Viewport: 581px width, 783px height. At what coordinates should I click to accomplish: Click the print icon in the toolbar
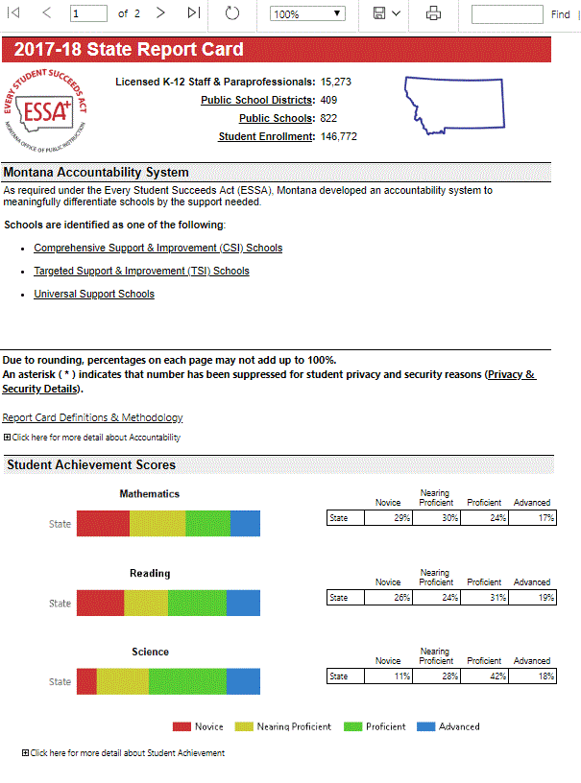coord(433,13)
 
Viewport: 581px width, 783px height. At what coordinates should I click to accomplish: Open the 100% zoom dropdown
coord(307,14)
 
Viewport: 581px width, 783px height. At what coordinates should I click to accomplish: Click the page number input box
coord(88,14)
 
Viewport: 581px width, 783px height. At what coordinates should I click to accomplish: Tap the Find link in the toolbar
coord(560,14)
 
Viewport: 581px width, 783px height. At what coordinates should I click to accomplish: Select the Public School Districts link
coord(257,100)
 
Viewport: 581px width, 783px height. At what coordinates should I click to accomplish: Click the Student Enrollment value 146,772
coord(339,137)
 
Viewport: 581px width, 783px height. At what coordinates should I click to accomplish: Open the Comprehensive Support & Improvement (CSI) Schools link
coord(157,248)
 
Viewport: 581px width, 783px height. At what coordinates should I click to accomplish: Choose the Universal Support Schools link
coord(93,294)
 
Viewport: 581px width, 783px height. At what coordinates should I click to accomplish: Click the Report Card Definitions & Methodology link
coord(92,417)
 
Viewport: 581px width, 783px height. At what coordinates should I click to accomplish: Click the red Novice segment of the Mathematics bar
coord(103,524)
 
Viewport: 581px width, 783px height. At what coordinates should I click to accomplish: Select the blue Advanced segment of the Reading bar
coord(243,603)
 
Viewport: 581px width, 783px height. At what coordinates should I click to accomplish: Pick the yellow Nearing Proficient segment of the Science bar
coord(123,681)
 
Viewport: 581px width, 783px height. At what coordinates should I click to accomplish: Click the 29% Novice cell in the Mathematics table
coord(388,518)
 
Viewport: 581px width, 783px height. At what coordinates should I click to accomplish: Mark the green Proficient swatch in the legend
coord(358,726)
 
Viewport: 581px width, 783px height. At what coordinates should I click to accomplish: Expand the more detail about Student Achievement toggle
coord(25,753)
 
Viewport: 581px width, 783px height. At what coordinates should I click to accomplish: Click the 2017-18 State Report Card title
coord(129,50)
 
